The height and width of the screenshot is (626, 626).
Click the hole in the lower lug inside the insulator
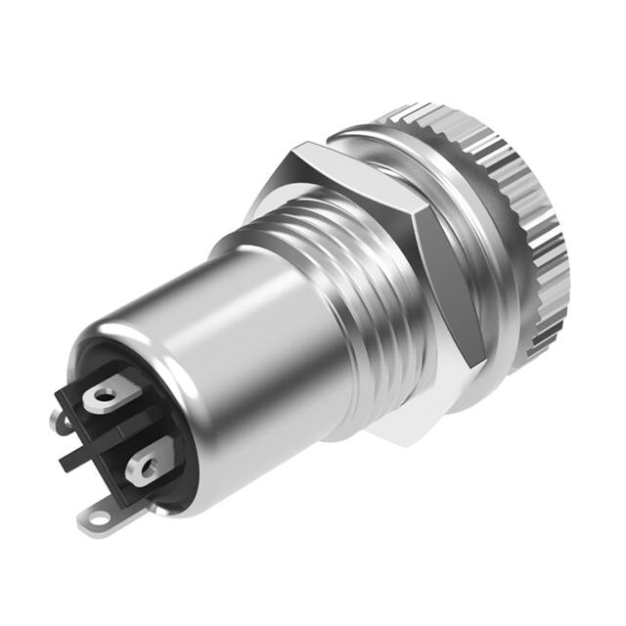click(147, 469)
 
